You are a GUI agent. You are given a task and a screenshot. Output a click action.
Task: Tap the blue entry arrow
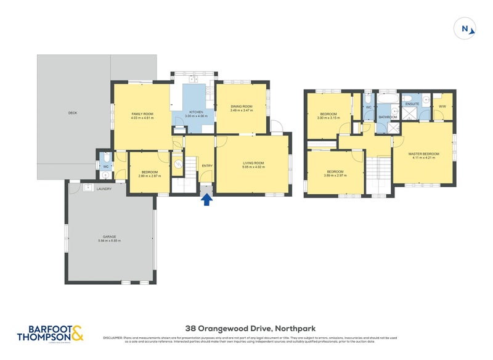[206, 198]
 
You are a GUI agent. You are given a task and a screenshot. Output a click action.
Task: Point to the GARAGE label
[111, 237]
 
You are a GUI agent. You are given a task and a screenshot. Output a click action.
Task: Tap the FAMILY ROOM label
[141, 113]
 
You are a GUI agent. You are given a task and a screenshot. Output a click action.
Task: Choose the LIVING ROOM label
[253, 163]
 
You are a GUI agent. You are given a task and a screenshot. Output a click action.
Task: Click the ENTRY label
[206, 165]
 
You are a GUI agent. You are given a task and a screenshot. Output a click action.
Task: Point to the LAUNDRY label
[104, 189]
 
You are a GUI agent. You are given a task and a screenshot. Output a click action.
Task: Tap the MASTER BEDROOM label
[423, 153]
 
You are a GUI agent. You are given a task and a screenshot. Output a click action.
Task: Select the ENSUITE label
[412, 104]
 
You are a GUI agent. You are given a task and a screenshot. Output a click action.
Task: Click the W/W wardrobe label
[442, 107]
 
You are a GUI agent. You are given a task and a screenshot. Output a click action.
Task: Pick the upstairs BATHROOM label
[387, 117]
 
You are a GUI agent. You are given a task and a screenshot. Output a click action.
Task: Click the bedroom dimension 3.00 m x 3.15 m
[328, 118]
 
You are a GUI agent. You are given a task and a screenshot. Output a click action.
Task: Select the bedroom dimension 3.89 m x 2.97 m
[335, 175]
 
